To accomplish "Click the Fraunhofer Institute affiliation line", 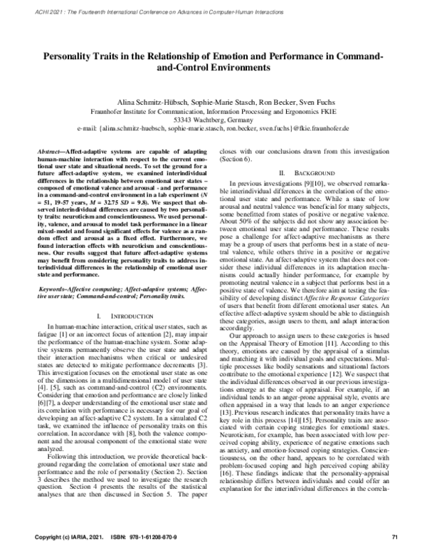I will (x=213, y=112).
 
